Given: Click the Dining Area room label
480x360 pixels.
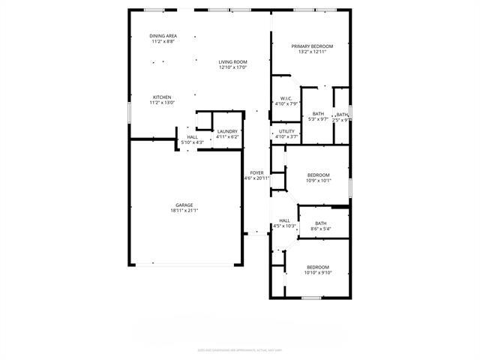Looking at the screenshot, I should coord(163,36).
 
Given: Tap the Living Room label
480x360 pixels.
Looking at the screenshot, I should coord(232,61).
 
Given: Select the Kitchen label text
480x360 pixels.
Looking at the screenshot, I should coord(163,97).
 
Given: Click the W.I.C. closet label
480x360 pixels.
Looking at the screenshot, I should coord(286,98).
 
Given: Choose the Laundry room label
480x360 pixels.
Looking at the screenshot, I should coord(227,132).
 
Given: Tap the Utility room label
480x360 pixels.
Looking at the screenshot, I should coord(287,132).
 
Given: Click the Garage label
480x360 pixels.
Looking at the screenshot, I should coord(184,205).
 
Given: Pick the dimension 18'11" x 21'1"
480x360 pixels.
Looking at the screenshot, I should coord(184,211).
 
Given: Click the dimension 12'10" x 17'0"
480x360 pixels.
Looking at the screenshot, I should coord(232,67).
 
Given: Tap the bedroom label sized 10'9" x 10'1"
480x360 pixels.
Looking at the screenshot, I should coord(318,175).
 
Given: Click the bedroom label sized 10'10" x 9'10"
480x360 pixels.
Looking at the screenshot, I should coord(317,267).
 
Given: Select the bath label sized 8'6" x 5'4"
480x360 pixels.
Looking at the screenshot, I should coord(320,223).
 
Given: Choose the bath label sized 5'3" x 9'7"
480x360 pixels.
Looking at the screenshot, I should coord(318,114).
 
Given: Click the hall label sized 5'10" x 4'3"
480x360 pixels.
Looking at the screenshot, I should coord(193,137).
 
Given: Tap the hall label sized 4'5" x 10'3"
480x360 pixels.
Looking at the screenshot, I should coord(285,220).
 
